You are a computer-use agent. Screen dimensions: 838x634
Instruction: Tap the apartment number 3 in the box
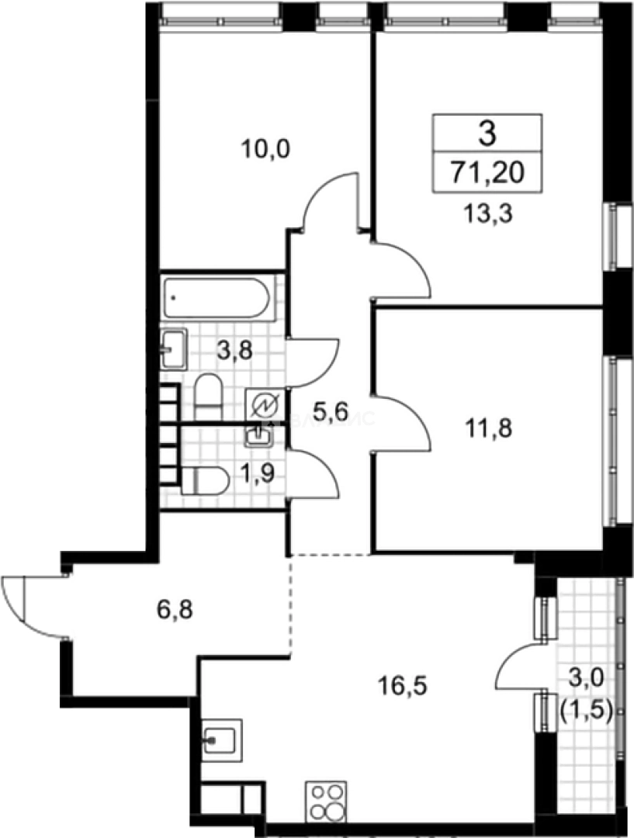click(x=487, y=134)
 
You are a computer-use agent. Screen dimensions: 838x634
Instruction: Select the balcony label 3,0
click(x=584, y=680)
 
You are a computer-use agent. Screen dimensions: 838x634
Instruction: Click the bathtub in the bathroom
click(x=217, y=299)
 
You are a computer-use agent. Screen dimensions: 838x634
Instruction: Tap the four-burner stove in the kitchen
click(x=327, y=800)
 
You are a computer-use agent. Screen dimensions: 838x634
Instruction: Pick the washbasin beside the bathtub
click(x=174, y=348)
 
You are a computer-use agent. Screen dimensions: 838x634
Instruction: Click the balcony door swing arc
click(x=514, y=664)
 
